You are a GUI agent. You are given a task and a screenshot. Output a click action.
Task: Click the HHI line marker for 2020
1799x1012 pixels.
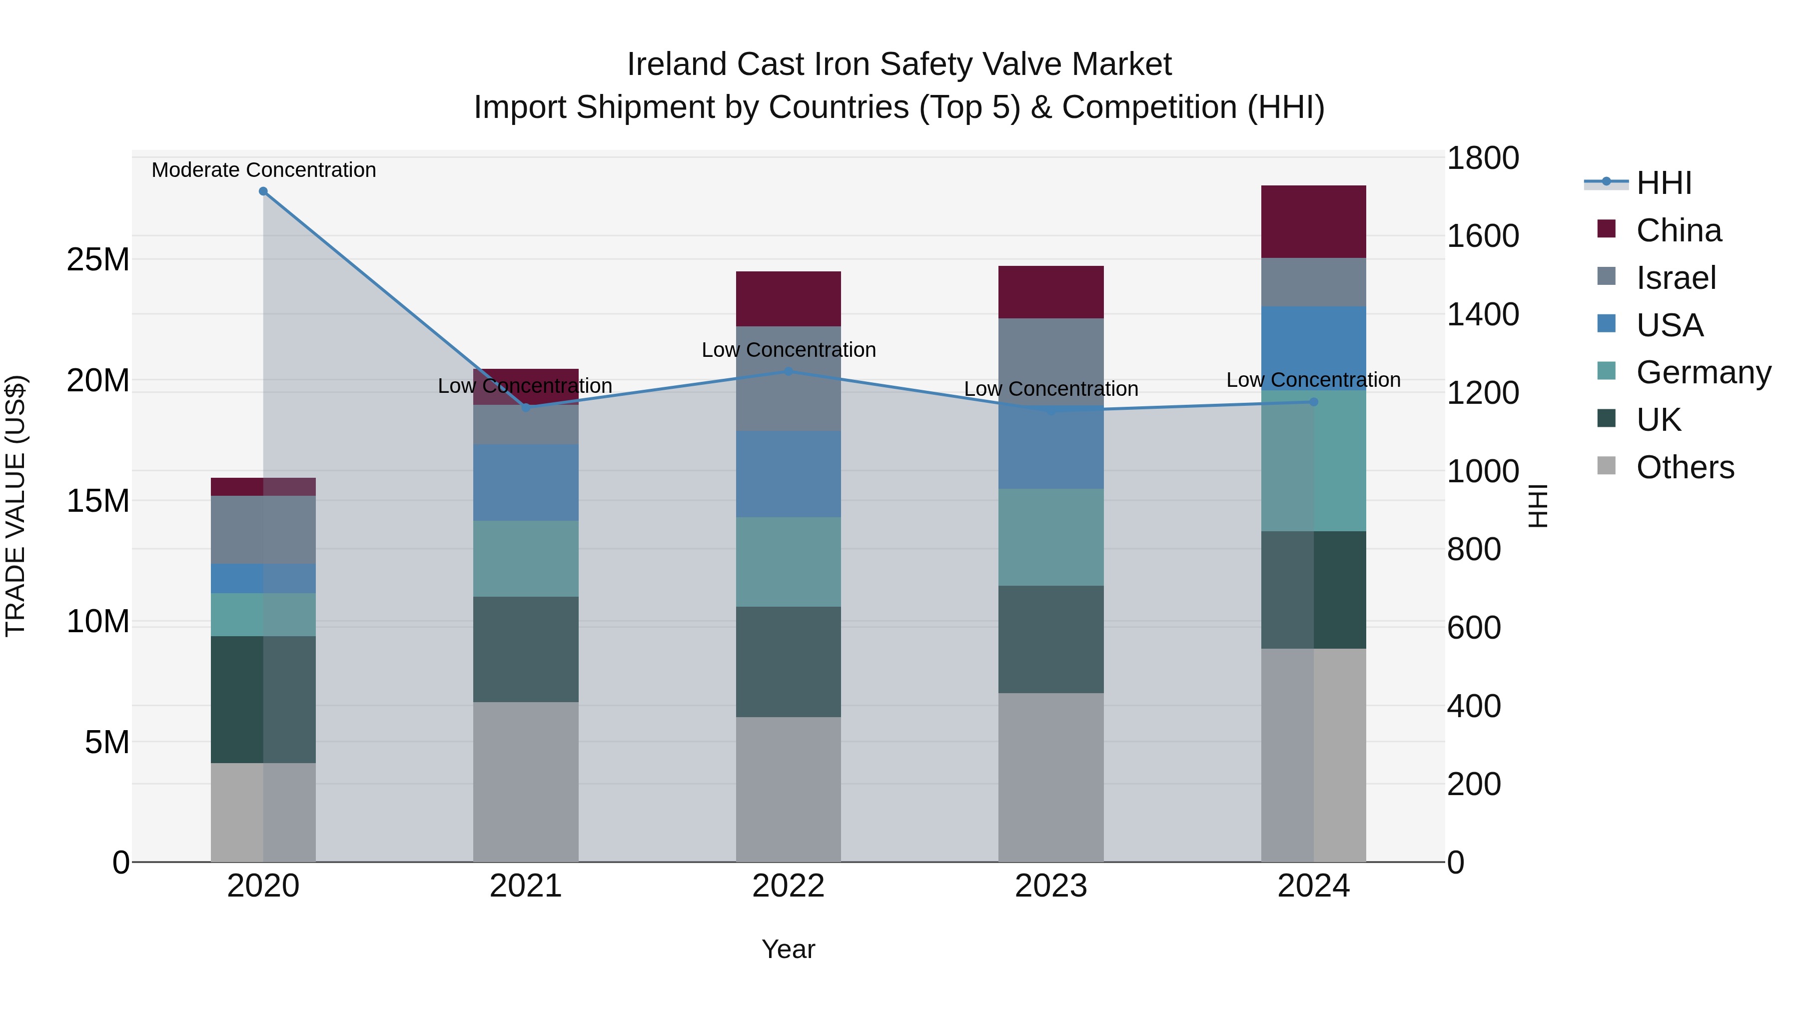point(263,191)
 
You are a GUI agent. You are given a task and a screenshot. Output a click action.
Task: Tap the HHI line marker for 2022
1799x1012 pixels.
point(789,371)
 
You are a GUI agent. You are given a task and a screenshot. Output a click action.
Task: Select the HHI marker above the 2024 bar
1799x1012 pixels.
point(1314,402)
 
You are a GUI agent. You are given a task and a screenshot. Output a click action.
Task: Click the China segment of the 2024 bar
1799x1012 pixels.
point(1314,222)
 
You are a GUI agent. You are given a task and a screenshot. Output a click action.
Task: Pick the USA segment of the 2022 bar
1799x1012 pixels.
point(789,474)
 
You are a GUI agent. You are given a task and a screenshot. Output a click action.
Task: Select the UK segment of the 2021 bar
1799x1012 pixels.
point(526,650)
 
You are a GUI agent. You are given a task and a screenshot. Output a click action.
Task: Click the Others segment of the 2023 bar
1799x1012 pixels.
point(1051,777)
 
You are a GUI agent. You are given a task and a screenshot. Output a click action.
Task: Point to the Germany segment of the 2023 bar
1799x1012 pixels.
point(1051,537)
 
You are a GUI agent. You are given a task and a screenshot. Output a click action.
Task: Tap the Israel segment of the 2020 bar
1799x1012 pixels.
point(263,530)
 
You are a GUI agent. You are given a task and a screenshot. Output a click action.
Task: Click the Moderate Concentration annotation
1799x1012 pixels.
point(263,170)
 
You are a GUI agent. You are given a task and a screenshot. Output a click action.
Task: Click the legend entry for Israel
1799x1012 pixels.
point(1676,278)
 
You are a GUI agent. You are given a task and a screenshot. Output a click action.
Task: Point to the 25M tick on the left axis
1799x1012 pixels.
point(98,260)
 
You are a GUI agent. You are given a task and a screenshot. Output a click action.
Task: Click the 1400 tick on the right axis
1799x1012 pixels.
point(1482,314)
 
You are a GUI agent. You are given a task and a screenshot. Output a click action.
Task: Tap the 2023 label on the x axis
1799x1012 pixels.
point(1051,886)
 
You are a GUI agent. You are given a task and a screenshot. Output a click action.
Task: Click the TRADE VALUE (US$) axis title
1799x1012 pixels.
point(15,506)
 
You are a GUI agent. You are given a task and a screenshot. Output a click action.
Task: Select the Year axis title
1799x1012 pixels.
point(789,949)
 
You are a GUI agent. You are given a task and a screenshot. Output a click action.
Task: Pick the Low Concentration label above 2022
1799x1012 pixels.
point(789,350)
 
